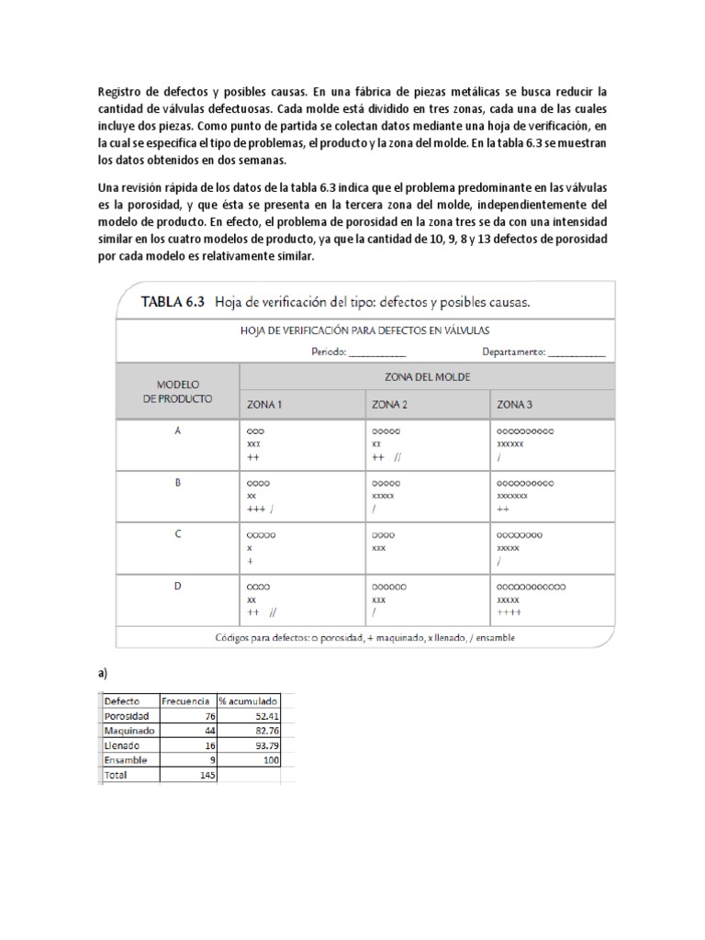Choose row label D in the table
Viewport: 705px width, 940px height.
[178, 585]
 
